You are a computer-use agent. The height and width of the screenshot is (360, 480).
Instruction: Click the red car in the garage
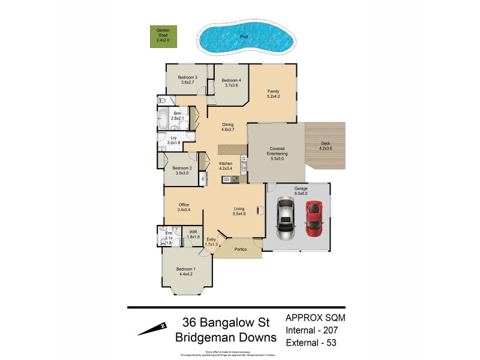tap(314, 218)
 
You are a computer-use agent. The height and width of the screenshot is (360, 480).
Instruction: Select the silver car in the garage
tap(284, 219)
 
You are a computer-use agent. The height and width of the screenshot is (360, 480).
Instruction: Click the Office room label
tap(184, 208)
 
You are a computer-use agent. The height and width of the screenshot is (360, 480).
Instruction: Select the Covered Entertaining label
tap(277, 151)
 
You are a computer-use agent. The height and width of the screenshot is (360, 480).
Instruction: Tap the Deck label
tap(325, 146)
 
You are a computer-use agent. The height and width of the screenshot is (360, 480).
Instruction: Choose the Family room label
tap(274, 94)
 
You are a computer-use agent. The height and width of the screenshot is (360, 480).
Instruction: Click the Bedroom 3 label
tap(187, 80)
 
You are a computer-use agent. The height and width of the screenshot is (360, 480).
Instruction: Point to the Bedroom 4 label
tap(231, 83)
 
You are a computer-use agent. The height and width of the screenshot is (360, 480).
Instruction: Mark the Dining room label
tap(227, 127)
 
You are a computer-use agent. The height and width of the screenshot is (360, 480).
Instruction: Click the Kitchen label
tap(226, 166)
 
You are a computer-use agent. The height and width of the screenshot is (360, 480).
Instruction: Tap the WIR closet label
tap(193, 234)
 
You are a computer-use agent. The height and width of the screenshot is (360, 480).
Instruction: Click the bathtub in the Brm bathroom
tap(164, 119)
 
